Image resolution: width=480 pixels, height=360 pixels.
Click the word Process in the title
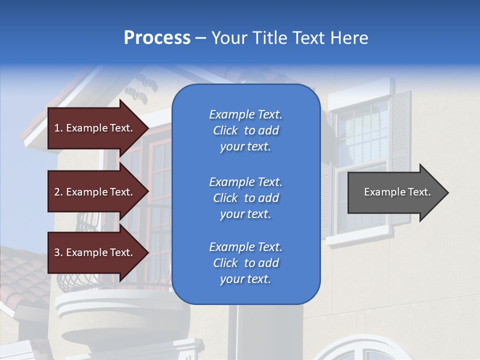(157, 38)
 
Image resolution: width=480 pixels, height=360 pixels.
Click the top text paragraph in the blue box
(245, 130)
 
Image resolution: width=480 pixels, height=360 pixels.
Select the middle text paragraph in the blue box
(245, 198)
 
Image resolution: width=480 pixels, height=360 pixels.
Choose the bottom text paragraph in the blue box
(245, 263)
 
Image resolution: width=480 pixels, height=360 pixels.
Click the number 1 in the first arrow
(56, 128)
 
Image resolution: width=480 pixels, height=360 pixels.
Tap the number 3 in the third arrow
(57, 252)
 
